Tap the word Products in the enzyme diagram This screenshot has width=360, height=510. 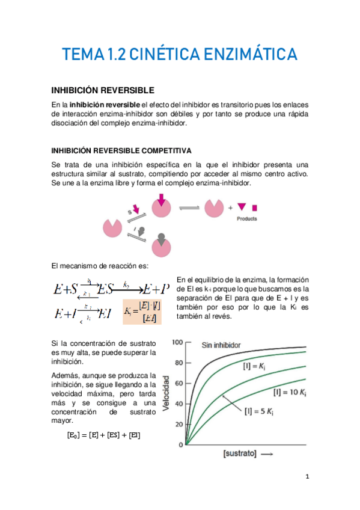[246, 219]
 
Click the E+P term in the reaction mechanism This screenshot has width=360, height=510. [154, 290]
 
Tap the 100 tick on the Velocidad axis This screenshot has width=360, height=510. [177, 342]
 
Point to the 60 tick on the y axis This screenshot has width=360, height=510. [178, 383]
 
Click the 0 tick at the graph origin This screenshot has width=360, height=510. [181, 444]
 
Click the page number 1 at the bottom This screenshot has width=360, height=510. [307, 478]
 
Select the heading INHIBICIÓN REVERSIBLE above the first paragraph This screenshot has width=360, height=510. [103, 90]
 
